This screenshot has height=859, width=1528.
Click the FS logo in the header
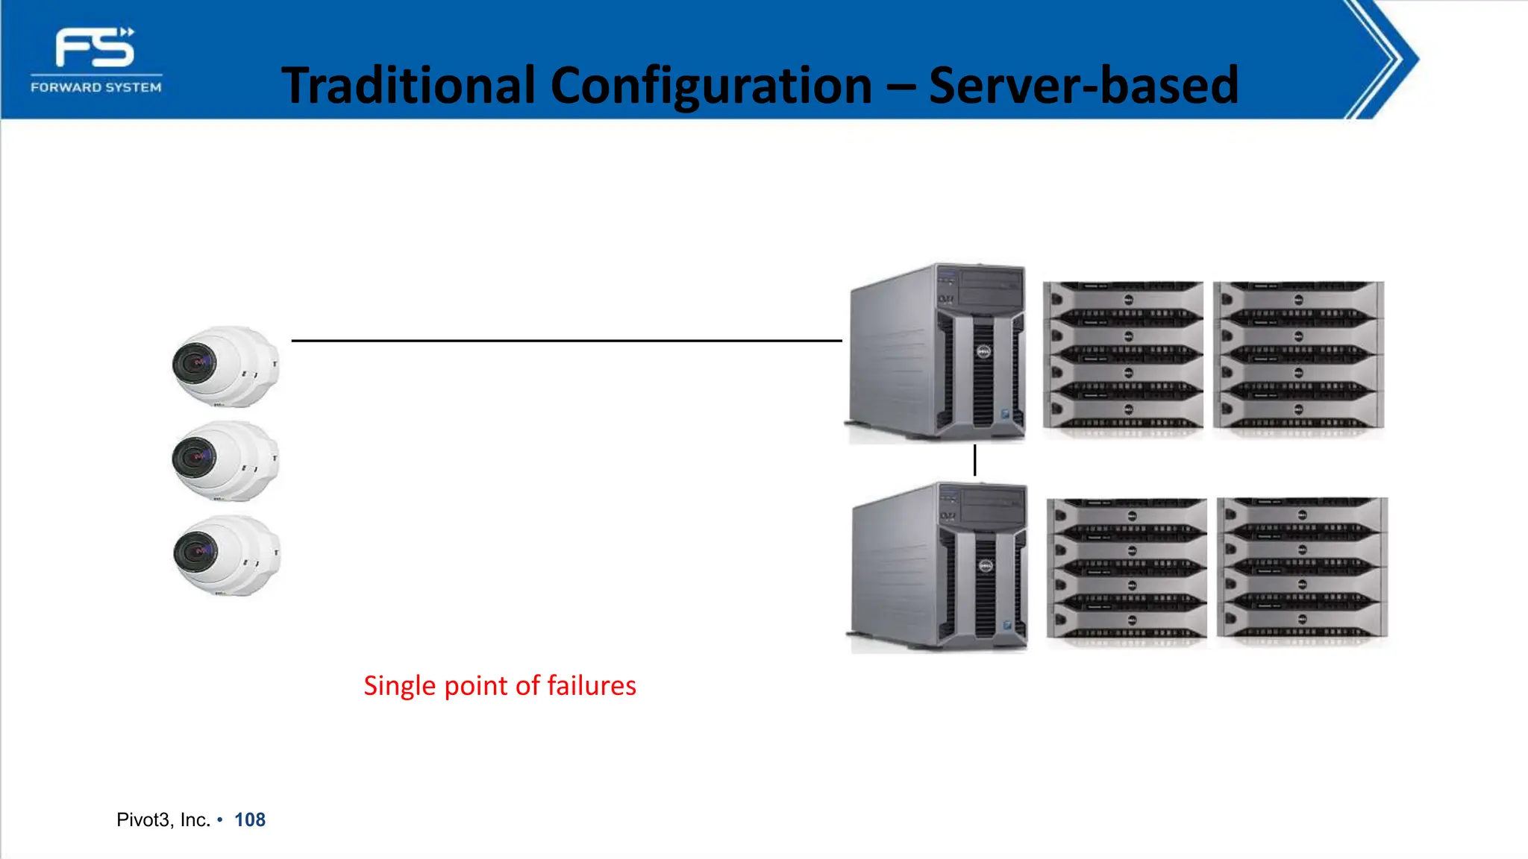95,48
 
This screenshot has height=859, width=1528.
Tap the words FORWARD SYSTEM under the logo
96,87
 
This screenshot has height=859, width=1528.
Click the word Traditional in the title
408,85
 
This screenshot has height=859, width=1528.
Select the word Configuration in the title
711,85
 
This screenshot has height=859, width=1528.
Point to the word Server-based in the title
1083,85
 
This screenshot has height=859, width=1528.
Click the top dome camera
225,366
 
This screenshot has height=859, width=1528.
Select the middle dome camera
225,461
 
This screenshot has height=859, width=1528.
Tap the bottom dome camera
226,556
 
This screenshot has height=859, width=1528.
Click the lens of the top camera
195,363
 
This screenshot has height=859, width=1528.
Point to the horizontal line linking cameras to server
567,341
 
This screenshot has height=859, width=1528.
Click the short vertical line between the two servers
974,460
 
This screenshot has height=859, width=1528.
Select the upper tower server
937,352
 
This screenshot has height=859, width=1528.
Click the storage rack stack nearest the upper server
1123,356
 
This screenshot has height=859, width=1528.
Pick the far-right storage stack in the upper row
1298,356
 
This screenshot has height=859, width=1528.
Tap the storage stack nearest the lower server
1127,570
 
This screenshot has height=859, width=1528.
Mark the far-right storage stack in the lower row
1302,568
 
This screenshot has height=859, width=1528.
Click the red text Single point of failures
500,685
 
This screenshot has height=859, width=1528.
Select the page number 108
250,820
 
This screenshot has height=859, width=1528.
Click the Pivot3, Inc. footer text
163,820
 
